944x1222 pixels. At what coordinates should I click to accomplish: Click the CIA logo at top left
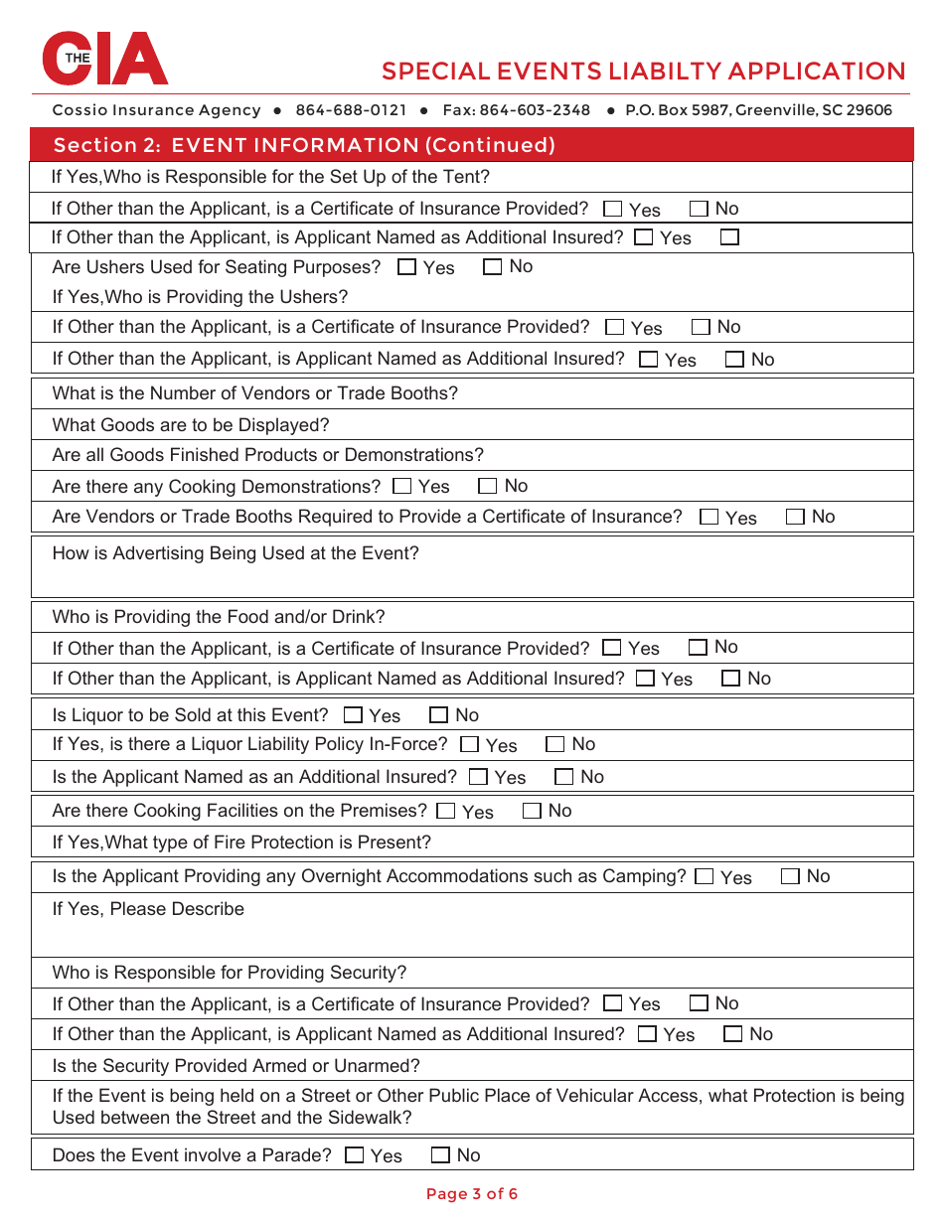click(104, 59)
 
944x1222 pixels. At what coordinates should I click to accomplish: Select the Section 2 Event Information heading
click(304, 145)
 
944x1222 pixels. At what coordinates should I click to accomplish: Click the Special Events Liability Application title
click(643, 72)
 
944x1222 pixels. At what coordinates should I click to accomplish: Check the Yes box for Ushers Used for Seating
click(407, 267)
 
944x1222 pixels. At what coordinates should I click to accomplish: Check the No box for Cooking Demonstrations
click(488, 486)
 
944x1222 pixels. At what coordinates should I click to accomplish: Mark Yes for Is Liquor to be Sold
click(354, 715)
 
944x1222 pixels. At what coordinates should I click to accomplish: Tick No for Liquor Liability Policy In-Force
click(555, 744)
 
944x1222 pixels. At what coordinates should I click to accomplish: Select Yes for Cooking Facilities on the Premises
click(446, 811)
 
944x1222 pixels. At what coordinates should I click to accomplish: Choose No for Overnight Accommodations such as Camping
click(791, 876)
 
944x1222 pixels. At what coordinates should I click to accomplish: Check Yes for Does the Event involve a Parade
click(355, 1155)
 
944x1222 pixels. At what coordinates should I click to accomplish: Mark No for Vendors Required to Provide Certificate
click(796, 517)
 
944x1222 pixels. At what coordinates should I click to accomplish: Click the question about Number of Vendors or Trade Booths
click(255, 393)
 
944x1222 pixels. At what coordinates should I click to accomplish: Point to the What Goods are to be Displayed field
click(191, 425)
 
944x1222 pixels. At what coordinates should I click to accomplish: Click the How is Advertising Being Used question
click(236, 553)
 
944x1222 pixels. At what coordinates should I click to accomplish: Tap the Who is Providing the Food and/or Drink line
click(219, 617)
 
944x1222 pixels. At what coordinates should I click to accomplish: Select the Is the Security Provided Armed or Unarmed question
click(236, 1066)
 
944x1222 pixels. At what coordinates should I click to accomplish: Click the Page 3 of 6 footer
click(472, 1194)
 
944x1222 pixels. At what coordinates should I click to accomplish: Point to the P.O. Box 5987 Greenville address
click(758, 110)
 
